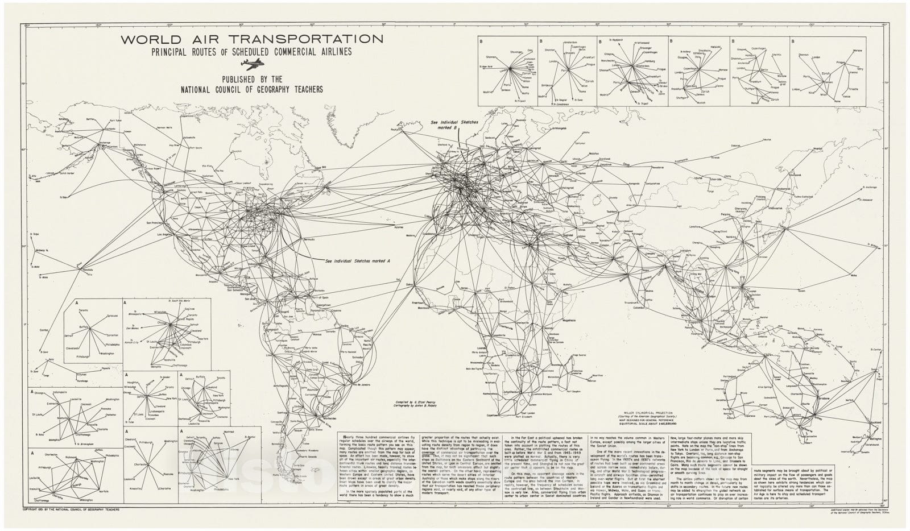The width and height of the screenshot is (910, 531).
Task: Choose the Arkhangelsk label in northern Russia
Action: pos(560,128)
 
